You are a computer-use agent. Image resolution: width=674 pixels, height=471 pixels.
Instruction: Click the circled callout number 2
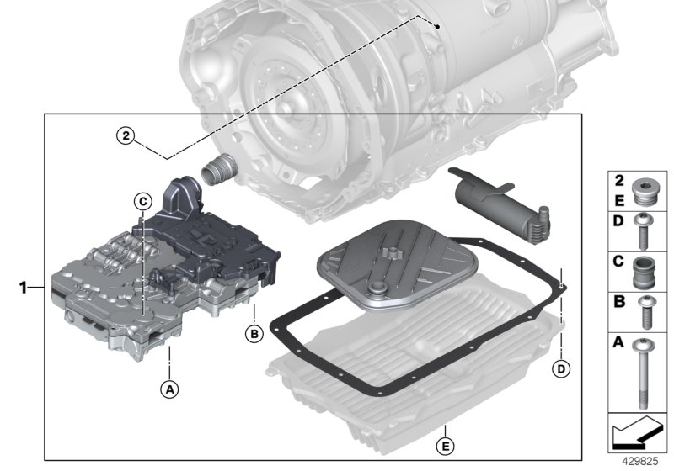tap(125, 135)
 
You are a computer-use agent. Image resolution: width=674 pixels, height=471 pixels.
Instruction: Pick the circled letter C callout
tap(142, 200)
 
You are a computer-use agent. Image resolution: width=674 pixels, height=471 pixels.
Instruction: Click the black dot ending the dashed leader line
tap(440, 27)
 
